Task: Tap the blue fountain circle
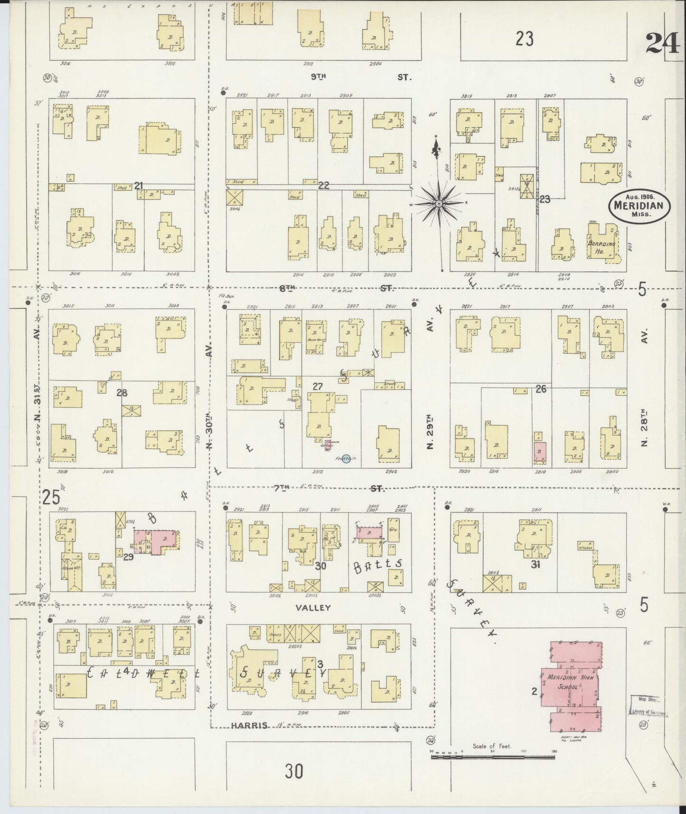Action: pos(346,459)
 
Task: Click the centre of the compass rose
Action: pos(439,204)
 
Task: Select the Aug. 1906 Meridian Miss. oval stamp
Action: pos(639,206)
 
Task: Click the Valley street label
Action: pos(312,607)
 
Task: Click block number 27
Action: pos(318,387)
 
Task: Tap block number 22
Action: pos(323,186)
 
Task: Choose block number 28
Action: pos(122,393)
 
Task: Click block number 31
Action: pos(536,565)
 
